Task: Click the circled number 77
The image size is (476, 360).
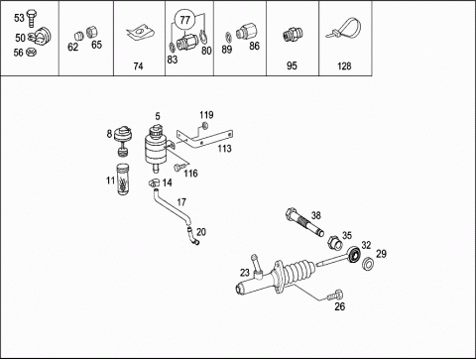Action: click(x=185, y=20)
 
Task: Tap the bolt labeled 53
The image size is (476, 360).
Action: click(x=32, y=19)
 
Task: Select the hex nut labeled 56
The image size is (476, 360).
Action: click(x=31, y=52)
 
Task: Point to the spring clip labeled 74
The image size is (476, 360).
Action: click(x=140, y=34)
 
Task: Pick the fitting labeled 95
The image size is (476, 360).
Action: click(x=292, y=34)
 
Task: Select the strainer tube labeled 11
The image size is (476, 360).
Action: click(x=123, y=179)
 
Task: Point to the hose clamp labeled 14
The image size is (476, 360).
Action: click(x=154, y=182)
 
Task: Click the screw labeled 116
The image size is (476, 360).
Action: click(x=178, y=167)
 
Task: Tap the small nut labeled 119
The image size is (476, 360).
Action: click(x=204, y=126)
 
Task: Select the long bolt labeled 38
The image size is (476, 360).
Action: click(x=304, y=222)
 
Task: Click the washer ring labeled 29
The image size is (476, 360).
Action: click(x=367, y=264)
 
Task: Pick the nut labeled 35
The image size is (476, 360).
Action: click(x=334, y=244)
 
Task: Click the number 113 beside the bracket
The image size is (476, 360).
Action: click(x=224, y=149)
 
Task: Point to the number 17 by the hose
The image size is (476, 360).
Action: click(x=181, y=202)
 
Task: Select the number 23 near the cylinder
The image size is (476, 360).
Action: click(x=245, y=273)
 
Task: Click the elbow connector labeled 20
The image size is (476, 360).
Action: click(x=192, y=236)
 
